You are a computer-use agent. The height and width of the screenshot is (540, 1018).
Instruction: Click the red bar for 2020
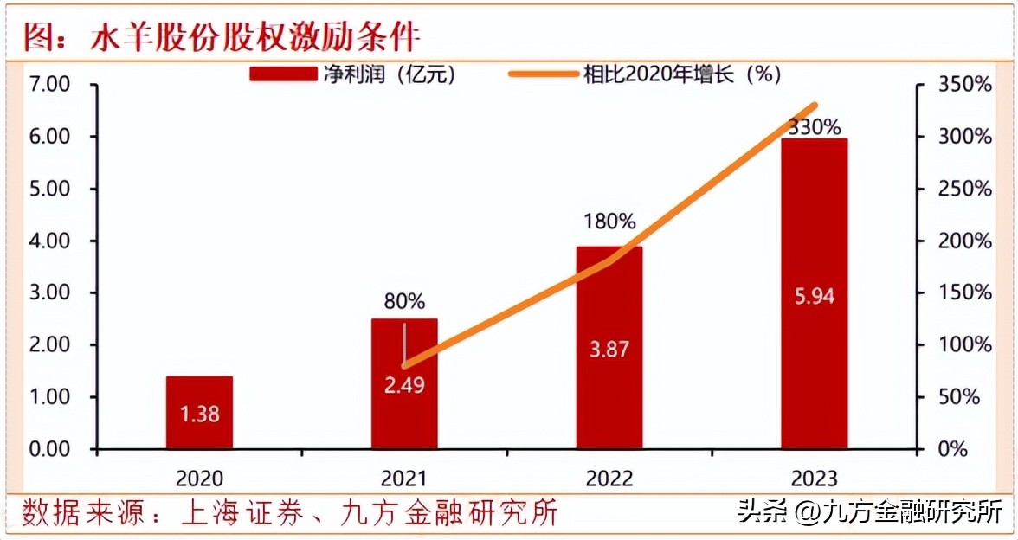tap(199, 412)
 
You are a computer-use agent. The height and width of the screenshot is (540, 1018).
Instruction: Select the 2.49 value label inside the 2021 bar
tap(404, 385)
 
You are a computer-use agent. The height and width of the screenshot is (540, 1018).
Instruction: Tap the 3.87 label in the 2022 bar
tap(609, 350)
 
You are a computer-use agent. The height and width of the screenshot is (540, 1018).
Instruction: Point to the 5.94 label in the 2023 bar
tap(814, 296)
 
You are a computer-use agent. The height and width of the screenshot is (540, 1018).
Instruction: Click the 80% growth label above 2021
tap(404, 302)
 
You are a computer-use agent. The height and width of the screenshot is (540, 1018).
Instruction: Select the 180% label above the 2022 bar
tap(609, 222)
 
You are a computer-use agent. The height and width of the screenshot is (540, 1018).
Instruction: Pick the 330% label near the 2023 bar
tap(814, 127)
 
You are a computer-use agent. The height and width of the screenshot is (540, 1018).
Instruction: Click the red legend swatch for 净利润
tap(284, 75)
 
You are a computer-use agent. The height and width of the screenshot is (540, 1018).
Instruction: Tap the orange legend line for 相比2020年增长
tap(544, 75)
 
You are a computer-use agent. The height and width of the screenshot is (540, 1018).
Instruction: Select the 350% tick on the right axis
tap(965, 85)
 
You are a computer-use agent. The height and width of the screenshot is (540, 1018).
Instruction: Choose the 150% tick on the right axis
tap(965, 292)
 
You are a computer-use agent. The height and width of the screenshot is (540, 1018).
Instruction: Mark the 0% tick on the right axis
tap(953, 449)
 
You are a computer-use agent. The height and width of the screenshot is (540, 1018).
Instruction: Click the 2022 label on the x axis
tap(609, 478)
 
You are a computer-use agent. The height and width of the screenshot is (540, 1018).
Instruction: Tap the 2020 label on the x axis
tap(199, 478)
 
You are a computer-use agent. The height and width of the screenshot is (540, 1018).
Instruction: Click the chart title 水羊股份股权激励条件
tap(255, 37)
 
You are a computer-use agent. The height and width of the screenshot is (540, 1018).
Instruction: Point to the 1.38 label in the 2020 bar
tap(199, 415)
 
